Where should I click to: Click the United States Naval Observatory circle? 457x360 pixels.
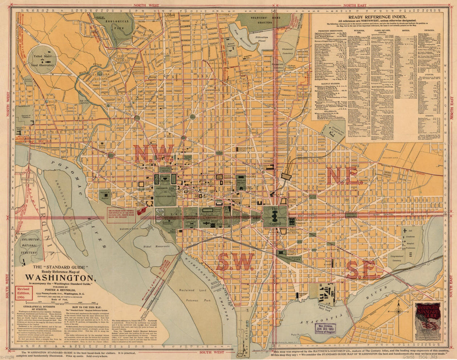click(x=42, y=60)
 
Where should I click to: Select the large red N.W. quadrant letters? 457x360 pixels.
click(x=153, y=154)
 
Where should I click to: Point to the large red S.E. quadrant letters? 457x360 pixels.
click(x=364, y=270)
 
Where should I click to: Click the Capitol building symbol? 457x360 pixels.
click(x=275, y=216)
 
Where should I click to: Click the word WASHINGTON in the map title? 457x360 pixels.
click(x=59, y=277)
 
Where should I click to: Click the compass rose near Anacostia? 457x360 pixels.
click(x=398, y=311)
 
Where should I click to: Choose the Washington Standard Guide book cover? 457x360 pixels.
click(x=428, y=321)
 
